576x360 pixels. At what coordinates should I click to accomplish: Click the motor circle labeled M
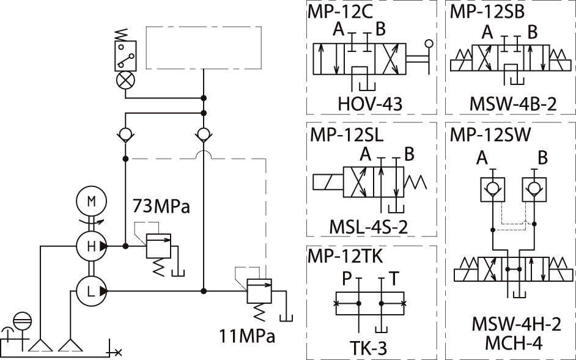pos(90,201)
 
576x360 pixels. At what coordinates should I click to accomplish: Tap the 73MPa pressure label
pos(161,206)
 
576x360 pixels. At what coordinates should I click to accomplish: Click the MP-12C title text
pos(341,12)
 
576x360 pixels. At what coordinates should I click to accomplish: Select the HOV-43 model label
pos(370,105)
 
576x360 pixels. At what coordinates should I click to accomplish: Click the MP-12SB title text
pos(487,12)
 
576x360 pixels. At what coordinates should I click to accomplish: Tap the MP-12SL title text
pos(346,134)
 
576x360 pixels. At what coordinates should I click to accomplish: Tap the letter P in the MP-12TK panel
pos(346,279)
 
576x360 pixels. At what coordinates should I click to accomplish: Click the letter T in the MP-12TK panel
pos(394,279)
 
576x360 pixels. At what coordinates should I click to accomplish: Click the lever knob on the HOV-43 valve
pos(429,43)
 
